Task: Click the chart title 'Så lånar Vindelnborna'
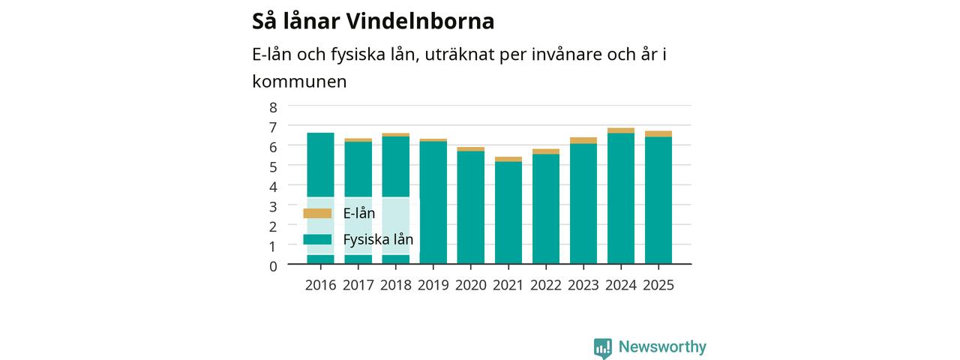click(x=373, y=22)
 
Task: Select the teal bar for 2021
click(x=508, y=212)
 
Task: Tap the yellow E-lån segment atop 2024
click(x=621, y=130)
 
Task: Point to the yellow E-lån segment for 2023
click(x=583, y=140)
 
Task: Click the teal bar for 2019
click(x=433, y=202)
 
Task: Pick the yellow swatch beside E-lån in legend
click(x=317, y=214)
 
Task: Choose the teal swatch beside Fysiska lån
click(x=317, y=239)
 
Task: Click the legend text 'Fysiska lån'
click(x=378, y=239)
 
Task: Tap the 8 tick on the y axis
click(x=273, y=107)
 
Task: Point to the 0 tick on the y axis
click(x=273, y=266)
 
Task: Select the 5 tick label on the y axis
click(x=273, y=167)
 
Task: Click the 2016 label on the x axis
click(x=320, y=285)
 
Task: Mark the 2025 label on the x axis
click(x=658, y=285)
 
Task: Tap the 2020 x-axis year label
click(x=470, y=285)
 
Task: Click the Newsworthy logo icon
click(x=603, y=348)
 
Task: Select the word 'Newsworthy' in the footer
click(x=662, y=346)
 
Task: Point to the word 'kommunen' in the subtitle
click(x=299, y=82)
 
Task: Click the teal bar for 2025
click(x=658, y=200)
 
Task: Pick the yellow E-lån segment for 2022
click(x=546, y=151)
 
